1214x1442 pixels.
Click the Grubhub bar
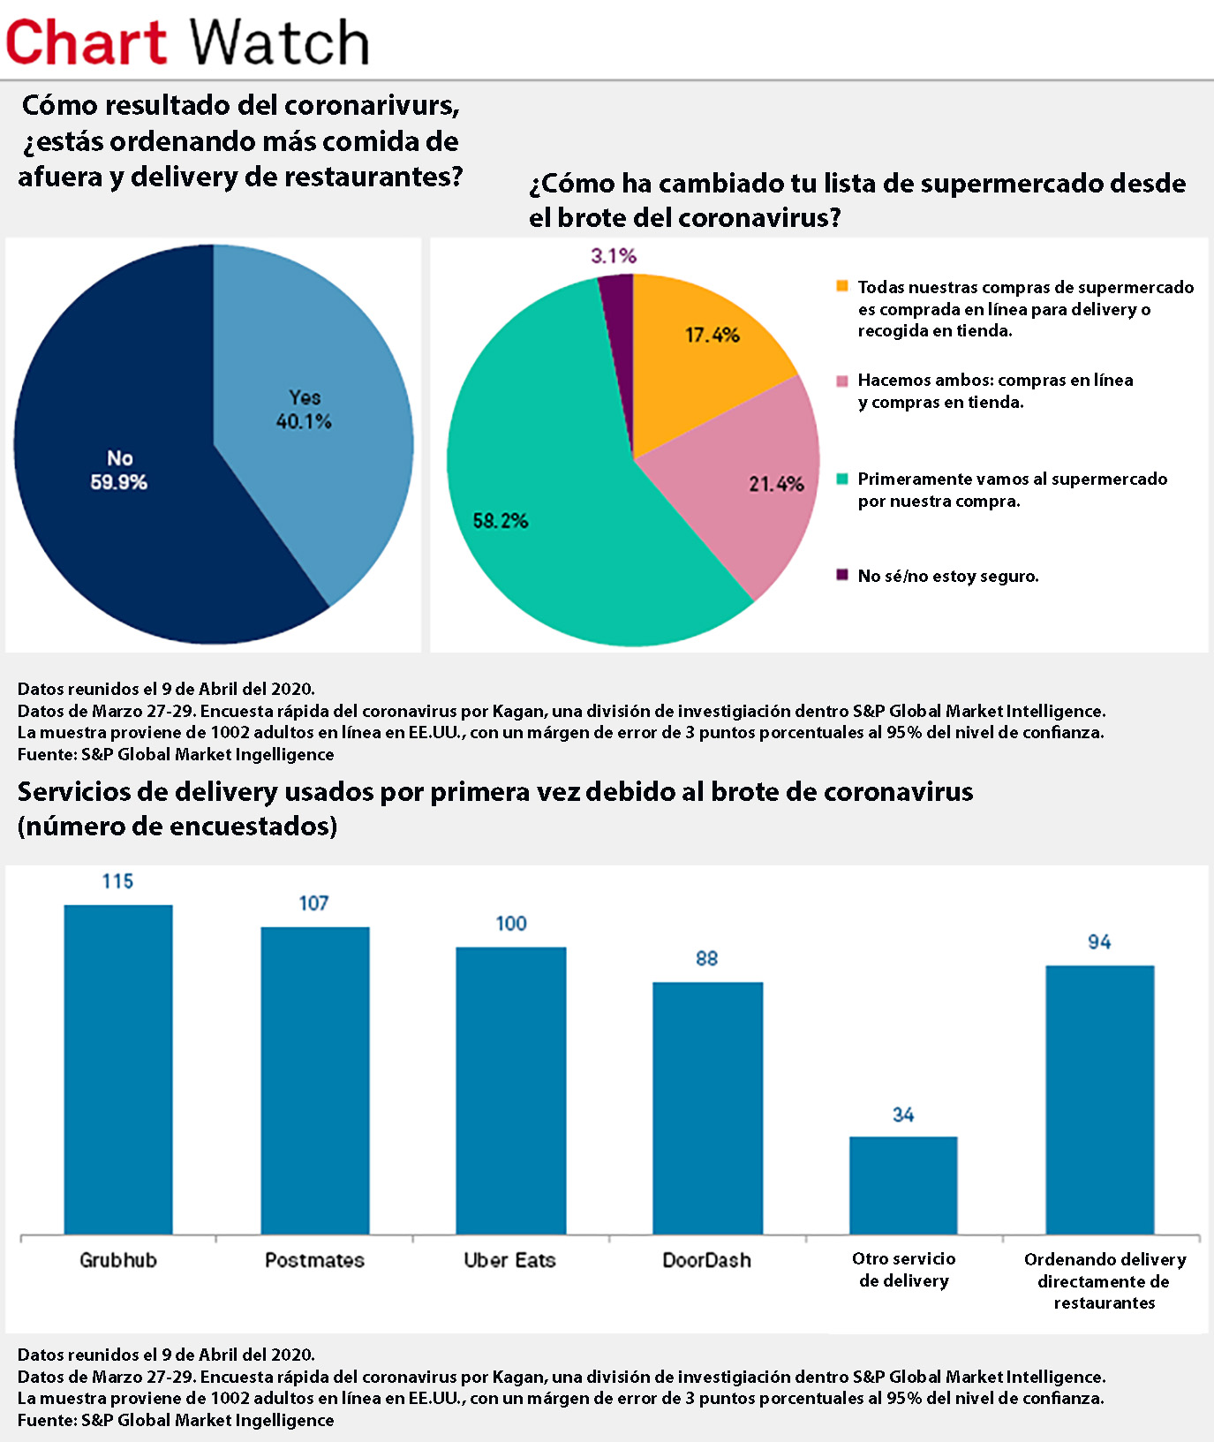point(118,1068)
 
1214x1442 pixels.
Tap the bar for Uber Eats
point(510,1090)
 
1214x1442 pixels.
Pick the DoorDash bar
point(707,1107)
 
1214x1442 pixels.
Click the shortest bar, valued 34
point(903,1184)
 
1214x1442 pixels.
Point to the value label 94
point(1099,942)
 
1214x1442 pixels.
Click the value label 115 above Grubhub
point(117,881)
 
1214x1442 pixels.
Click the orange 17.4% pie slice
point(697,353)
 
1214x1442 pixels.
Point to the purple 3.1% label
point(614,256)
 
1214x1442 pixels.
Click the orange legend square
point(841,286)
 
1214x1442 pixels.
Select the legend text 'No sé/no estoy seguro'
point(947,576)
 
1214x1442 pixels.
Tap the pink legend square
point(841,381)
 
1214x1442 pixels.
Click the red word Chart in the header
point(86,42)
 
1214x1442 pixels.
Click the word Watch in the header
point(279,42)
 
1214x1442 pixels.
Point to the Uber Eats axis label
point(510,1260)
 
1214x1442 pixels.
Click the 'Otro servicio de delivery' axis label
point(904,1270)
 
